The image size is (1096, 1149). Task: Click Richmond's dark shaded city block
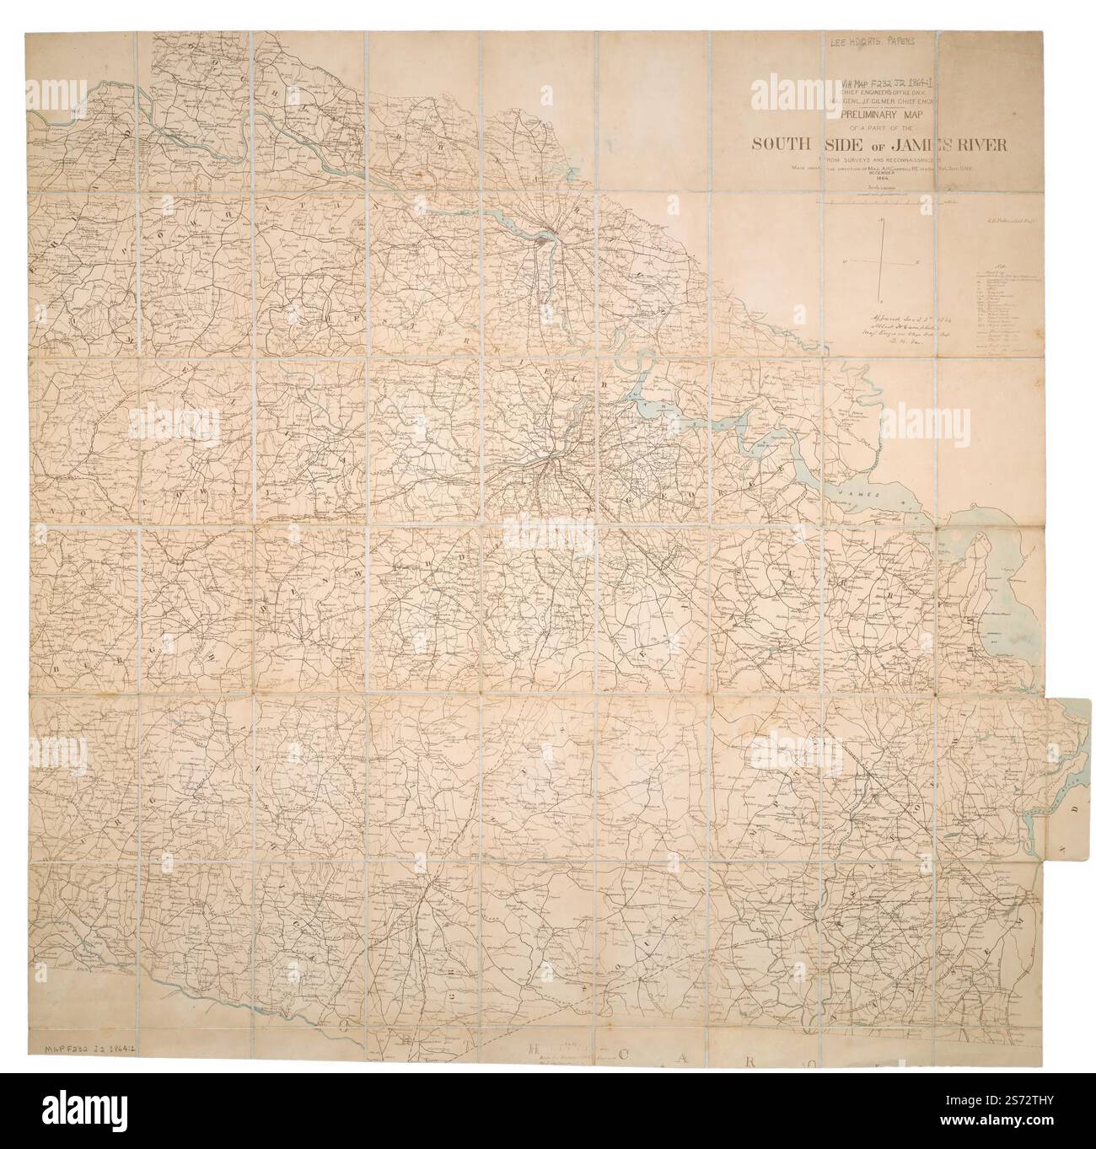tap(540, 242)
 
